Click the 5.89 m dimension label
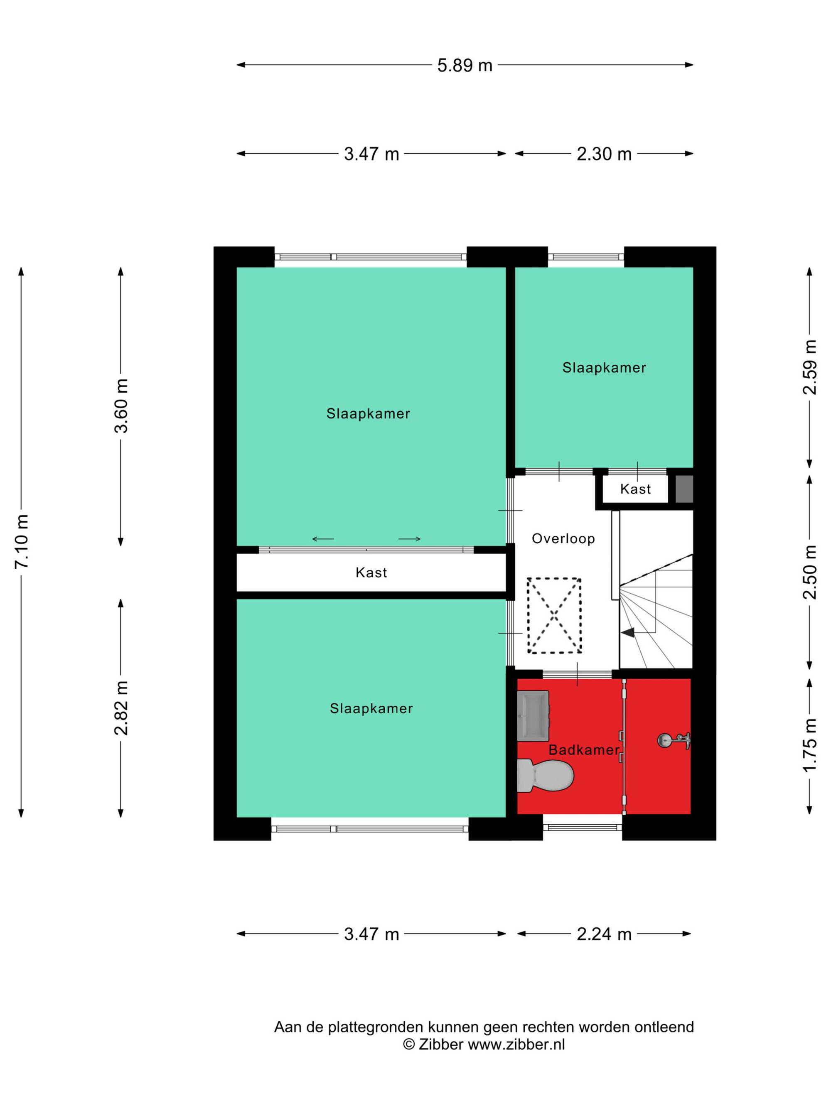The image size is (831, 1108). [465, 65]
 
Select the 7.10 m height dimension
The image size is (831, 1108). [22, 541]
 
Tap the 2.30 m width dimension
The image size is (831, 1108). [604, 154]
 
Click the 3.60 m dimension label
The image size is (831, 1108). [121, 406]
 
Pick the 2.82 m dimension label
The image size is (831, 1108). [121, 708]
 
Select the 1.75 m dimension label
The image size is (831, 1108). [810, 745]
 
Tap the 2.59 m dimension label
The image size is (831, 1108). [810, 367]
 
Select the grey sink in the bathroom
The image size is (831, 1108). [533, 716]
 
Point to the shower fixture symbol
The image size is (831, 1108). [674, 740]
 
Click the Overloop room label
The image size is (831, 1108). [563, 538]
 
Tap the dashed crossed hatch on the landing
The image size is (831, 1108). [553, 616]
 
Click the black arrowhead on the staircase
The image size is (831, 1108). [628, 633]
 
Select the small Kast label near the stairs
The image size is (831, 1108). [635, 489]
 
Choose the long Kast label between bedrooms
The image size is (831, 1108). [371, 572]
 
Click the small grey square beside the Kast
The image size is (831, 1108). [684, 489]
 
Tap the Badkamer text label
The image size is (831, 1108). [584, 750]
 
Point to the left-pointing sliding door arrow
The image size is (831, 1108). [323, 539]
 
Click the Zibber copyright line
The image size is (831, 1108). [484, 1044]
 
